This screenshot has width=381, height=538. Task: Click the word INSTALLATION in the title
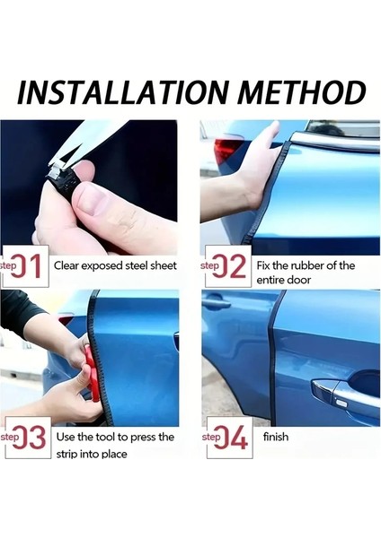coord(123,92)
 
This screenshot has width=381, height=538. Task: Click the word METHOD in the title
coord(302,92)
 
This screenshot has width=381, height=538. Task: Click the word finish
coord(276,437)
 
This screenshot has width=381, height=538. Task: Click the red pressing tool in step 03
coord(91,373)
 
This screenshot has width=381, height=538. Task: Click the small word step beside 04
coord(211,437)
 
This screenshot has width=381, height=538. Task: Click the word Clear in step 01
coord(66,265)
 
